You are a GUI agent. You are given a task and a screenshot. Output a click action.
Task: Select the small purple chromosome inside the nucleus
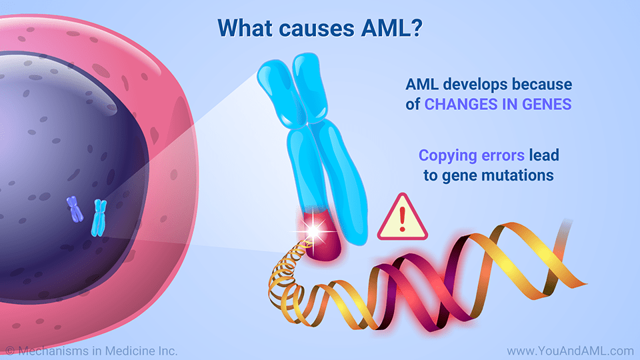click(x=74, y=209)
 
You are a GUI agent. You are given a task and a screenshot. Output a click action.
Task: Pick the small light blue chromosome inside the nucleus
click(x=99, y=217)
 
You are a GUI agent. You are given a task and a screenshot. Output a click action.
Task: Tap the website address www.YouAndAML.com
click(x=569, y=350)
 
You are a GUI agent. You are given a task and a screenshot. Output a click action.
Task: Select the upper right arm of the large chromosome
click(x=311, y=83)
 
